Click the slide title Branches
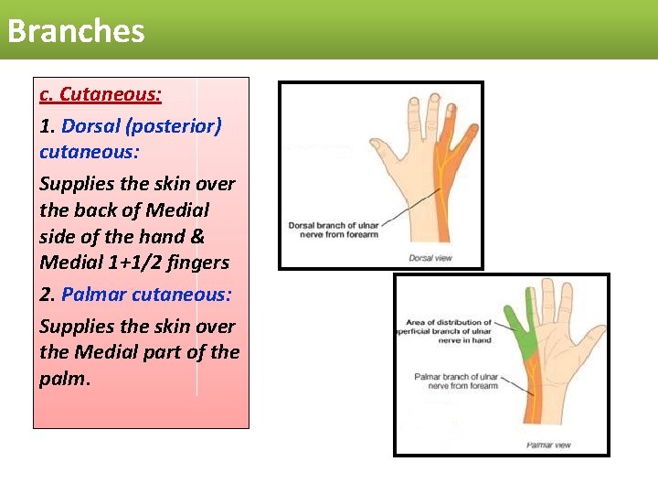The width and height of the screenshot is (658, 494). click(76, 31)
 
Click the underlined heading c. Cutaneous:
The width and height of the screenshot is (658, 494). click(101, 94)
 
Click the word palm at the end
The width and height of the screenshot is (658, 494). click(63, 378)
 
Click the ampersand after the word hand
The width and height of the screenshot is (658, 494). click(196, 236)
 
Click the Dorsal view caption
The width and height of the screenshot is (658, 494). click(430, 258)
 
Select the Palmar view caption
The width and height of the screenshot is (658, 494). click(548, 445)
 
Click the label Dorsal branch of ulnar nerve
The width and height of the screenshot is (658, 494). click(333, 230)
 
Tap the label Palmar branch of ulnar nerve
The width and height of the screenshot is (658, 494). click(456, 381)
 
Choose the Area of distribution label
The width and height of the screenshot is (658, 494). click(448, 330)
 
